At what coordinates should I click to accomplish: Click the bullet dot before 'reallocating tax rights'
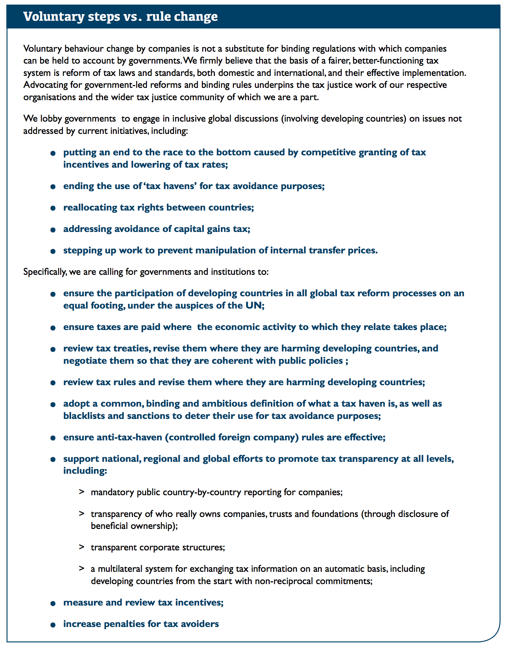tap(53, 208)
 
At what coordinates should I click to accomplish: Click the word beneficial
tap(109, 526)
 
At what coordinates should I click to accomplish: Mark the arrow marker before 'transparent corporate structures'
tap(82, 547)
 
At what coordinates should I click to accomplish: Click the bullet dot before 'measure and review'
tap(53, 603)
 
